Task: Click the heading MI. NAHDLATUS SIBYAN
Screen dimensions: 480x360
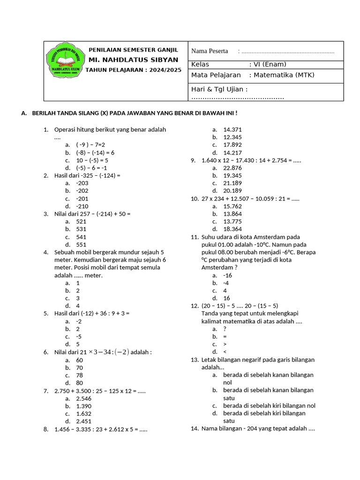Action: pyautogui.click(x=134, y=60)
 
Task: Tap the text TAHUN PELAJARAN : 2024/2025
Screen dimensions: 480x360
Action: pyautogui.click(x=134, y=69)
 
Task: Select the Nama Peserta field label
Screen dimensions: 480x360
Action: pyautogui.click(x=210, y=51)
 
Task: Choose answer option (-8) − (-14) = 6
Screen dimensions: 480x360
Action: pyautogui.click(x=96, y=152)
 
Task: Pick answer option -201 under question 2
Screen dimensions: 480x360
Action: pyautogui.click(x=82, y=198)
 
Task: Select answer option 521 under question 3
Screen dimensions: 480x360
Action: pyautogui.click(x=81, y=221)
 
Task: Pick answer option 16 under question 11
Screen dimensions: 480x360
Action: pyautogui.click(x=226, y=298)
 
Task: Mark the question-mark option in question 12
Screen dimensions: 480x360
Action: pyautogui.click(x=225, y=329)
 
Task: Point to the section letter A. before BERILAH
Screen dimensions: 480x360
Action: pyautogui.click(x=24, y=113)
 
